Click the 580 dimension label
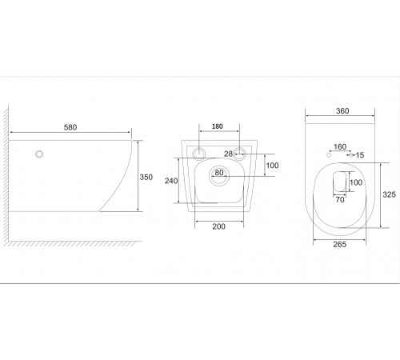70,127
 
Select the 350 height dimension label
146,177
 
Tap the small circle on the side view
39,154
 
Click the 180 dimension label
218,126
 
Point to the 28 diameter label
228,154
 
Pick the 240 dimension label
171,181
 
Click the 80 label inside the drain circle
219,173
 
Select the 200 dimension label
219,226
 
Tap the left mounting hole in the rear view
198,154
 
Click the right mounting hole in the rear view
239,154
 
